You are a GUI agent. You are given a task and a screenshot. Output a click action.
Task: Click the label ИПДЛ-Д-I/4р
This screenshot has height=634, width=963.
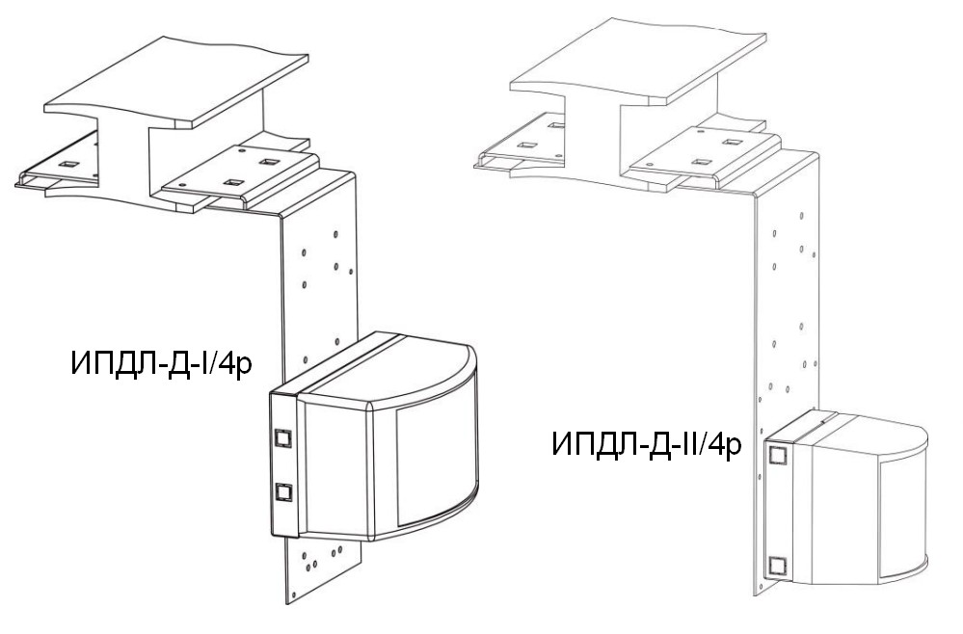[x=162, y=362]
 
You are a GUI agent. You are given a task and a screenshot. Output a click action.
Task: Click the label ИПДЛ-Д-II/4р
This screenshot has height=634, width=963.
[x=647, y=443]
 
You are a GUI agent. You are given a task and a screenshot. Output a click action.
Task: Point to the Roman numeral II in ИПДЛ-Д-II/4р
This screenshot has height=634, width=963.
[x=691, y=442]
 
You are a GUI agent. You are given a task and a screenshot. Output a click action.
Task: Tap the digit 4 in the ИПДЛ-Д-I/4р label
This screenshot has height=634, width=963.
[x=226, y=362]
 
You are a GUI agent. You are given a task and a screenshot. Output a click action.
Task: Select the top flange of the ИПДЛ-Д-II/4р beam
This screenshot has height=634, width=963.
[x=639, y=61]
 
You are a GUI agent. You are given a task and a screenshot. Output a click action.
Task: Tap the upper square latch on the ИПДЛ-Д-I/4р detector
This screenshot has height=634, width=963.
[x=283, y=437]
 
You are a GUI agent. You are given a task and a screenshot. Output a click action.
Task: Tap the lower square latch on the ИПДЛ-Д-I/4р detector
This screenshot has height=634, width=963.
[x=283, y=492]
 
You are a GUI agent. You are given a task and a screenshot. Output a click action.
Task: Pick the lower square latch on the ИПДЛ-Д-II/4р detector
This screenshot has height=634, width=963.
[x=778, y=566]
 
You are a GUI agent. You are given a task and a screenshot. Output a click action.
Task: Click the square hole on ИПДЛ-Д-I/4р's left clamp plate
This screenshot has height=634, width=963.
[x=68, y=165]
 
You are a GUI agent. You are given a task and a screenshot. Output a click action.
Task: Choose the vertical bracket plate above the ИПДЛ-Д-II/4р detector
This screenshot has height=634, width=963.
[x=788, y=295]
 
